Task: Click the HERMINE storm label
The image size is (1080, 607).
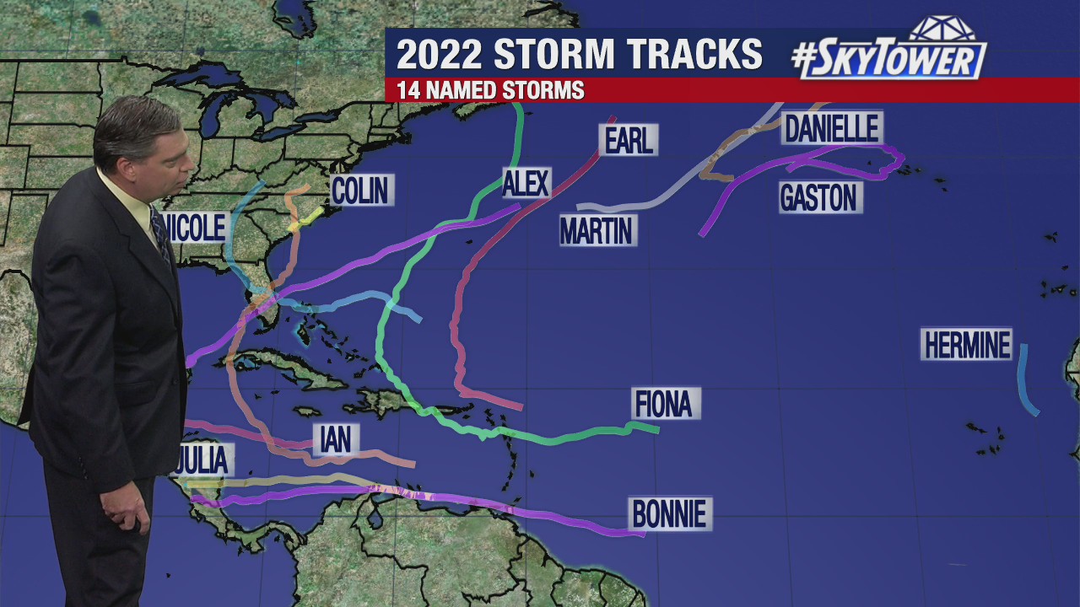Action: pyautogui.click(x=966, y=345)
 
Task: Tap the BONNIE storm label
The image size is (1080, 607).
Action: pyautogui.click(x=669, y=513)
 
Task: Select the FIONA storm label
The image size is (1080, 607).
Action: pyautogui.click(x=665, y=404)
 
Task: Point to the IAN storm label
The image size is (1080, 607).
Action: pyautogui.click(x=336, y=439)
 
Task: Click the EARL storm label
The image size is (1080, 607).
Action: pyautogui.click(x=629, y=140)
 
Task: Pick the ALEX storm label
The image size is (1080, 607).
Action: pyautogui.click(x=526, y=183)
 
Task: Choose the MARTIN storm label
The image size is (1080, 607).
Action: pyautogui.click(x=597, y=229)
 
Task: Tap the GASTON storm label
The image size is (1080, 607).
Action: pyautogui.click(x=818, y=197)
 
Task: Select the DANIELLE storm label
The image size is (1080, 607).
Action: pyautogui.click(x=832, y=128)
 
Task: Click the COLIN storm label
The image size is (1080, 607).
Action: pyautogui.click(x=362, y=191)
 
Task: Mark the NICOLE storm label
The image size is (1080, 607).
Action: pyautogui.click(x=199, y=228)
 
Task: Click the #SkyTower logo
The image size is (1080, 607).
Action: pyautogui.click(x=890, y=52)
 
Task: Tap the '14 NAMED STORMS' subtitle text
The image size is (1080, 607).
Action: pyautogui.click(x=490, y=90)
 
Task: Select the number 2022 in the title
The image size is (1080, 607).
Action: pyautogui.click(x=439, y=54)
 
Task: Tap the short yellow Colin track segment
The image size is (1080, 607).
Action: pyautogui.click(x=305, y=218)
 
